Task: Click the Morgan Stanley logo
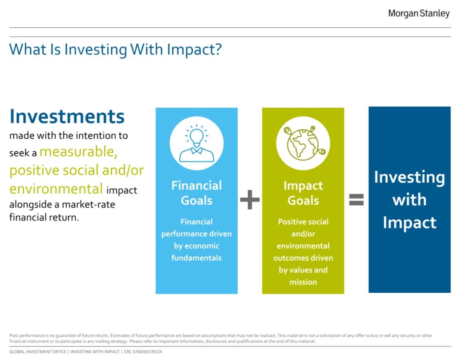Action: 419,14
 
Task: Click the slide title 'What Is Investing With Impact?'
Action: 115,50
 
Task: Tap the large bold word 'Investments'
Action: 67,116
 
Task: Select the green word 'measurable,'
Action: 78,152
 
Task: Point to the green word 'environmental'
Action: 56,189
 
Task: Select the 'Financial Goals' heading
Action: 197,193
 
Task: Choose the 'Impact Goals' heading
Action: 303,193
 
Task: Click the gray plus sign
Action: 250,200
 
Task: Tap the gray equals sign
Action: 356,200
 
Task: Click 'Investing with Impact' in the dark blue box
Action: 410,200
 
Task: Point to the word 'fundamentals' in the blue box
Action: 196,258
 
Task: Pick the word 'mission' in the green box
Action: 303,282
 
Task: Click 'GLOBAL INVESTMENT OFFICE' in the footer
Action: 38,352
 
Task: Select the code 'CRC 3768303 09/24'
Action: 143,352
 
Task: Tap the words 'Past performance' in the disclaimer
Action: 27,336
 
